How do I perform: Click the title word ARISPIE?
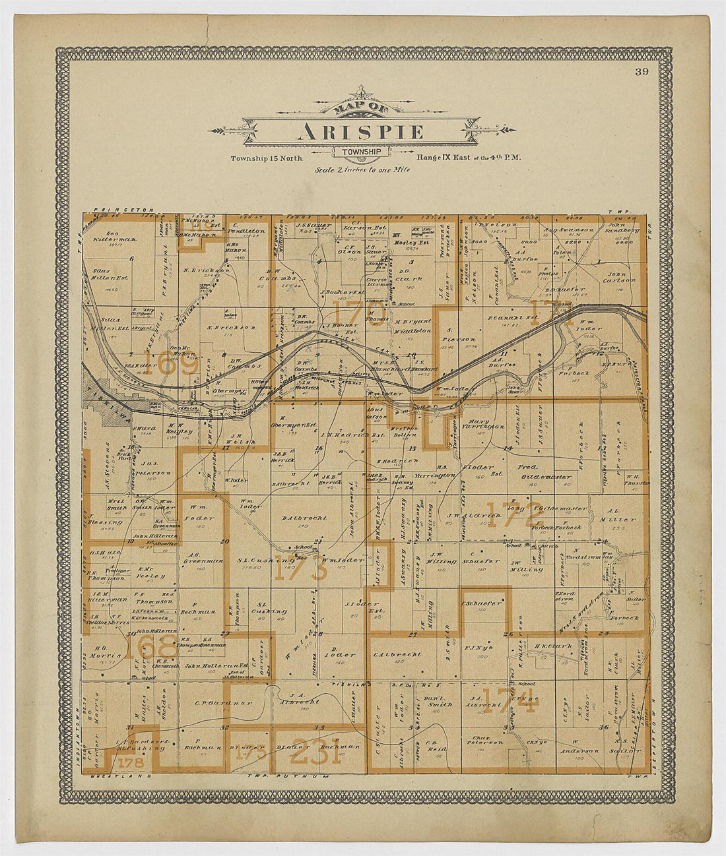(x=360, y=132)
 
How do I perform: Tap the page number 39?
(x=642, y=73)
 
